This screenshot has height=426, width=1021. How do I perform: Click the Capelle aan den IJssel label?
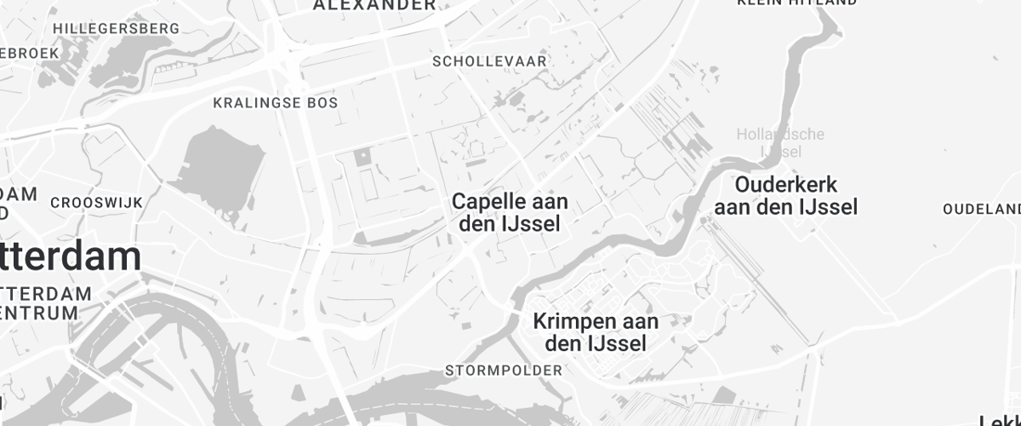tap(510, 213)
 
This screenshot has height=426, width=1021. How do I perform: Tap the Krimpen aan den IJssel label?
tap(596, 332)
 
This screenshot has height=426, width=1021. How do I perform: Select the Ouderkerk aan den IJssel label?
tap(785, 195)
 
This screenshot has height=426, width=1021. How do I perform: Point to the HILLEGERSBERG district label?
tap(117, 28)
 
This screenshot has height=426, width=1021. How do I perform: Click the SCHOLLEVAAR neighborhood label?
tap(489, 61)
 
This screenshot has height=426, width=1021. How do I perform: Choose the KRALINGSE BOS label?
tap(275, 103)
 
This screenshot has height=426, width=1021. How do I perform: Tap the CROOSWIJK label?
tap(96, 203)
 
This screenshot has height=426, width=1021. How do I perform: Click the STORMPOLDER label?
tap(504, 371)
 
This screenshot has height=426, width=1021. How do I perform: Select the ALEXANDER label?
tap(374, 5)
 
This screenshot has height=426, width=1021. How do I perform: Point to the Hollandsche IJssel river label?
tap(780, 142)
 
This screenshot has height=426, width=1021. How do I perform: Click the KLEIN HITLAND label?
tap(797, 3)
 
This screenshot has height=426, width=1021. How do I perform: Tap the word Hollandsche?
tap(780, 134)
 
